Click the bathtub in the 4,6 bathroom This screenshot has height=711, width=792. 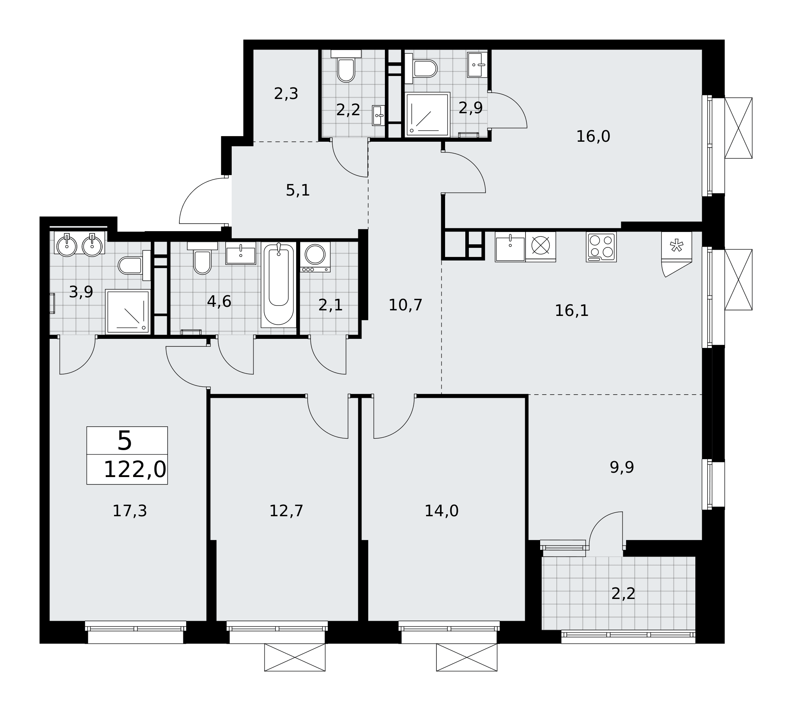click(x=278, y=285)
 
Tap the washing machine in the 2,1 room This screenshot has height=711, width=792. click(x=315, y=257)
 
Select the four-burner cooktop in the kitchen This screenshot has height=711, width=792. click(x=601, y=247)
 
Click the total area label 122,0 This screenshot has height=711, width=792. click(x=135, y=470)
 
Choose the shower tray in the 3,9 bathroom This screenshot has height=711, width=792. click(x=128, y=312)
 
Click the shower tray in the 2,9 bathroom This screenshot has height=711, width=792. click(x=428, y=114)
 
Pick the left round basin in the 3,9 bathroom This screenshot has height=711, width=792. click(x=67, y=245)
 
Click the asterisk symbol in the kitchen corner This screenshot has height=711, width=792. click(x=676, y=246)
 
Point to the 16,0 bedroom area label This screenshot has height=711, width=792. click(x=593, y=137)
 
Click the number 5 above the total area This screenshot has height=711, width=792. click(x=125, y=441)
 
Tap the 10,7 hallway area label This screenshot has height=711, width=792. click(x=406, y=305)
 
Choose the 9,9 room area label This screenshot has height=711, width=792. click(x=622, y=468)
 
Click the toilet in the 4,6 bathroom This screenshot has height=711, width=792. click(x=202, y=258)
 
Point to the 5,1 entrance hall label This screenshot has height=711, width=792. click(x=298, y=190)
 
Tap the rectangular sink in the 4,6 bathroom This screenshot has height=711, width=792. click(x=241, y=253)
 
